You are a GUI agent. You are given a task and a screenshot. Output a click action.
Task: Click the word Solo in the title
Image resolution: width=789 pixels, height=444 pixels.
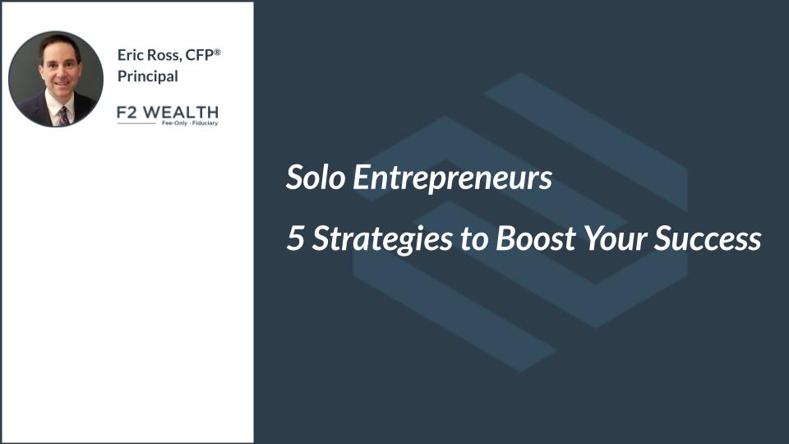coord(316,178)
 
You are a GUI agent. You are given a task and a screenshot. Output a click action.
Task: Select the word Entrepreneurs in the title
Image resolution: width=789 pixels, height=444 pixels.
coord(452,178)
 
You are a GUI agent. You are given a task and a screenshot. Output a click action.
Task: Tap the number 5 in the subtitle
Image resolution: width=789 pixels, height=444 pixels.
coord(295,238)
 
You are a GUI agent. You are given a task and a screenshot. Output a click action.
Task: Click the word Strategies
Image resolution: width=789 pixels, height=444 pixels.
coord(382,238)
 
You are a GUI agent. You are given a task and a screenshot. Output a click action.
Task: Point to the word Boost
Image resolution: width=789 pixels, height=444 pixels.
coord(535,238)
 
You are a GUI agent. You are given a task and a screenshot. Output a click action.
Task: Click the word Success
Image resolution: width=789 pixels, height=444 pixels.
coord(707,238)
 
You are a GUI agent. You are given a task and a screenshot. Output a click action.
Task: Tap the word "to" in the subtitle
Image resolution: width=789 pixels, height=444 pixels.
coord(474,239)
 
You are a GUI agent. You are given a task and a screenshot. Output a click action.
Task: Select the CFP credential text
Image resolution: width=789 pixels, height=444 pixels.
coord(199,55)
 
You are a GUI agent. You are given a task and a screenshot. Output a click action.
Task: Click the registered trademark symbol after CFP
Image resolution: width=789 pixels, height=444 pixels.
coord(217,52)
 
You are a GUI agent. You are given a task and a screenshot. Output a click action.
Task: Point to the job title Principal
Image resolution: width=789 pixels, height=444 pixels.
coord(147,76)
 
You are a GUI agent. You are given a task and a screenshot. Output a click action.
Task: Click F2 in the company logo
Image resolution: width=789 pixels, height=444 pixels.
coord(127,113)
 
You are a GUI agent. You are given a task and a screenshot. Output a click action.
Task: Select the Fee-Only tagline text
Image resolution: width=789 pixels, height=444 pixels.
coord(174,123)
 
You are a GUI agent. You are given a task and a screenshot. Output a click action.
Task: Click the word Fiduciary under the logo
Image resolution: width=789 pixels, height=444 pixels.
coord(205,123)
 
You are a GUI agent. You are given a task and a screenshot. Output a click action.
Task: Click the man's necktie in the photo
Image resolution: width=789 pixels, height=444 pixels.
coord(63,117)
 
